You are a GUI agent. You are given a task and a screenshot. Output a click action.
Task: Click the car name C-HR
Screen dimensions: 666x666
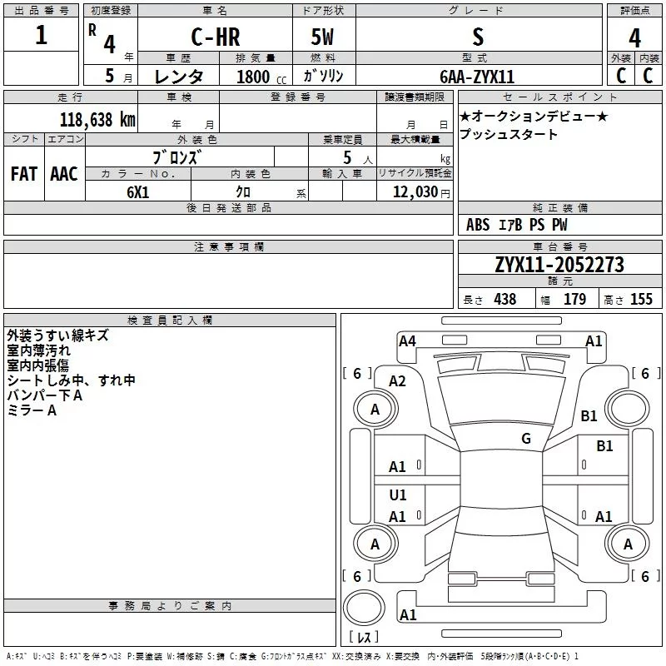click(x=216, y=37)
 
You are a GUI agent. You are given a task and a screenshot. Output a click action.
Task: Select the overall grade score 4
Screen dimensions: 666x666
click(x=634, y=37)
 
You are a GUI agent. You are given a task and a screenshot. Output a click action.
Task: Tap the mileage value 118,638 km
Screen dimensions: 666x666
click(x=97, y=119)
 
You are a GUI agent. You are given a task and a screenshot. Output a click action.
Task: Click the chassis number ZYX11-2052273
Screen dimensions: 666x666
click(x=559, y=264)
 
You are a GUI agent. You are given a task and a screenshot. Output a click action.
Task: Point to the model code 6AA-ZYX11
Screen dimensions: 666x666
click(x=477, y=77)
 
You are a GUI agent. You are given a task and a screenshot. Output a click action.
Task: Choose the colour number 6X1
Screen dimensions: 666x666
click(x=138, y=192)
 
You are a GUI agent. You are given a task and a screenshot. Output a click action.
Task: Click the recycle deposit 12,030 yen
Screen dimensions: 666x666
click(x=421, y=192)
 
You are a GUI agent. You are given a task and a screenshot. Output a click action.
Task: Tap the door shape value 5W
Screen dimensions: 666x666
click(x=322, y=37)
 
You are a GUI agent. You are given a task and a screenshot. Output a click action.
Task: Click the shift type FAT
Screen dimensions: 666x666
click(x=24, y=174)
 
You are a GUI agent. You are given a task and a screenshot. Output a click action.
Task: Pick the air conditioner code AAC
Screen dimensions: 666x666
click(x=64, y=174)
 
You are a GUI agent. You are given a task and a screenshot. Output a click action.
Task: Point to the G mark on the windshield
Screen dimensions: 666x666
click(x=526, y=438)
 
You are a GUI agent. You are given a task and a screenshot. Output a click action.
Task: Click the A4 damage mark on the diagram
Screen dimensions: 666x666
click(x=407, y=340)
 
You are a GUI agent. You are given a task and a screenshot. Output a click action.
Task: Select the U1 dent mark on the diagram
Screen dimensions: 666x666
click(x=398, y=495)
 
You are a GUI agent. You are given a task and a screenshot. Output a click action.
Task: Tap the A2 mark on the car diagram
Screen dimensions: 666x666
click(x=398, y=381)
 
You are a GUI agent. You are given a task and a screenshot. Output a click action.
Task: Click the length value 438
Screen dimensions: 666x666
click(x=505, y=299)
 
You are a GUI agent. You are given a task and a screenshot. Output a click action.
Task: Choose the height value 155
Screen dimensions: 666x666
click(x=641, y=299)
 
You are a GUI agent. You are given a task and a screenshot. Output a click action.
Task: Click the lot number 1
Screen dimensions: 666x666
click(x=41, y=35)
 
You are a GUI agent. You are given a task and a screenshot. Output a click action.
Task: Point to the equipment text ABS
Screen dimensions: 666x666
click(x=478, y=225)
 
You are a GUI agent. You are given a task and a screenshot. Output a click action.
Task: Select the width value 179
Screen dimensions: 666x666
click(x=574, y=299)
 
